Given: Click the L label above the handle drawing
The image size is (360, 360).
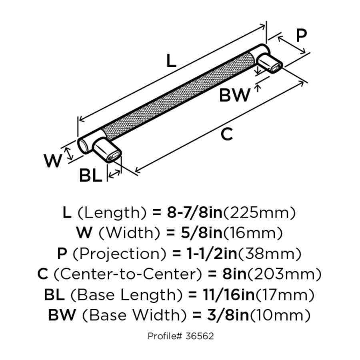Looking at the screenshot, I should (171, 61).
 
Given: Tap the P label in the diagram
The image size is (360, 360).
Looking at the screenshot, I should (301, 36).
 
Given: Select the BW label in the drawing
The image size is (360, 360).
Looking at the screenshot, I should (235, 96).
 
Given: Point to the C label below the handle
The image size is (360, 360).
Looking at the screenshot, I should (226, 134).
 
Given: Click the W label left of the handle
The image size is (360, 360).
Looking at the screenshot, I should (53, 161).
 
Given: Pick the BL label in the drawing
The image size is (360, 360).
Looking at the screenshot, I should (90, 175).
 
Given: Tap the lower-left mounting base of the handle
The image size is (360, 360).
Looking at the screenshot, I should (106, 150).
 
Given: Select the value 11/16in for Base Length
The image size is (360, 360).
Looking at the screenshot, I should (221, 296).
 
